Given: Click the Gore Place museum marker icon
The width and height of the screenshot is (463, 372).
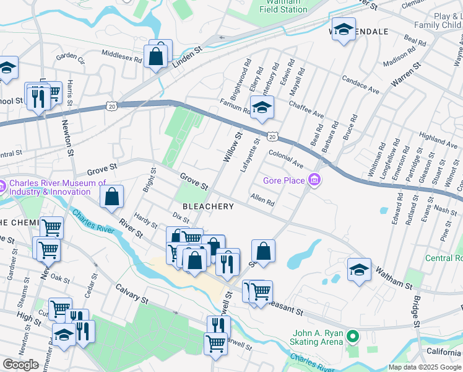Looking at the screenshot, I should click(x=315, y=180).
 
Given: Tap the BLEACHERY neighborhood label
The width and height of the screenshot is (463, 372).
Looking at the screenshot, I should click(x=207, y=206).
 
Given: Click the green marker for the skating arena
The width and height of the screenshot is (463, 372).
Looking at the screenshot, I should click(x=353, y=337).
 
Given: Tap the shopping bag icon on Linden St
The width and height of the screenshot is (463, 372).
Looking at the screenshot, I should click(x=157, y=56).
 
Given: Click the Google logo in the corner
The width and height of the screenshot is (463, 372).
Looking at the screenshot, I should click(x=20, y=365).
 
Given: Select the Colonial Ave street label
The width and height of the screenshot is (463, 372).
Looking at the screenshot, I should click(x=285, y=159).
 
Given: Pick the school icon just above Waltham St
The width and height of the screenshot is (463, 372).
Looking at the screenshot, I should click(x=359, y=270).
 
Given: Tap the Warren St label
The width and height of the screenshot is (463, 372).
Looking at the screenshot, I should click(x=405, y=74).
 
